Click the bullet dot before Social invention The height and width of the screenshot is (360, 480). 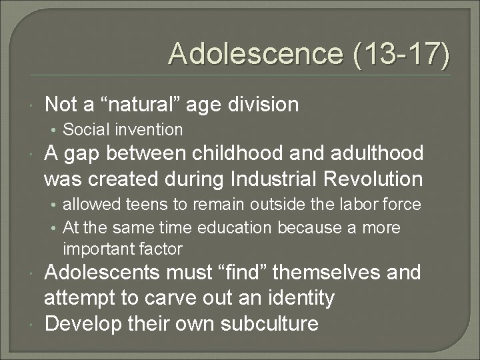(57, 130)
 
